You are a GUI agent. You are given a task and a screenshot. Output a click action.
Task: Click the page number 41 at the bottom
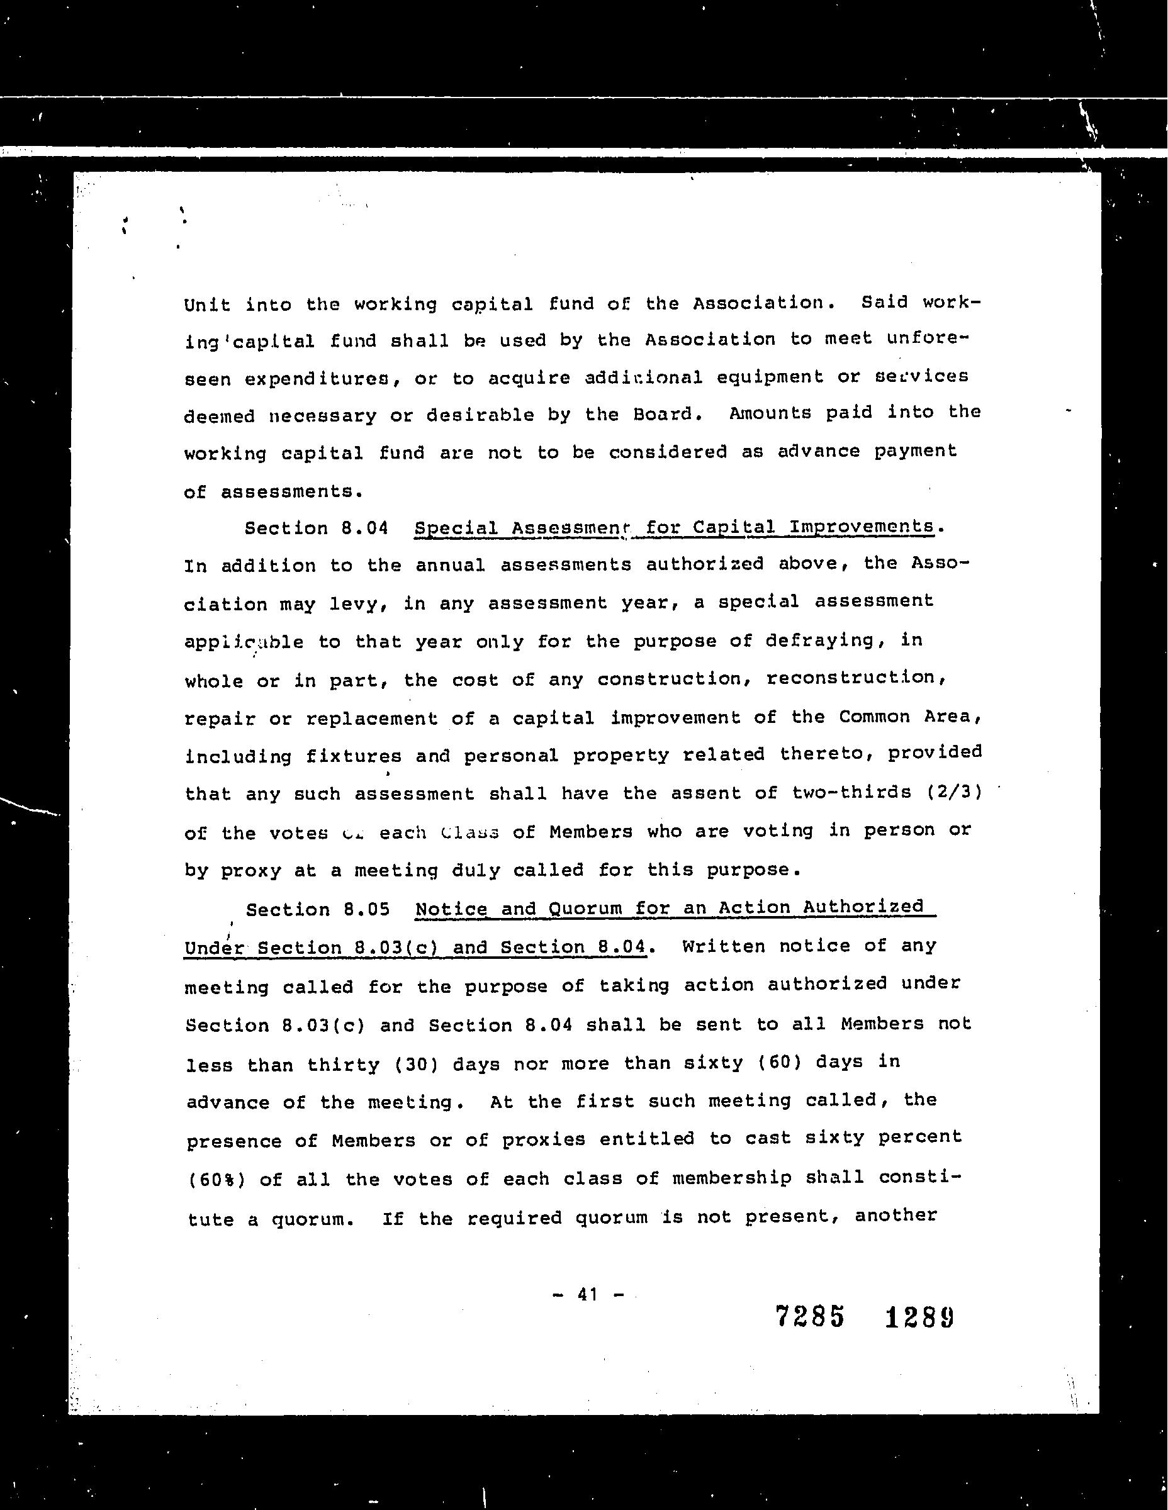click(x=587, y=1294)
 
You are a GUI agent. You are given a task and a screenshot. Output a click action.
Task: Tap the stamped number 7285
click(x=811, y=1316)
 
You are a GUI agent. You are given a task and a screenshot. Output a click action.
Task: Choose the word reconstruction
click(x=855, y=678)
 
